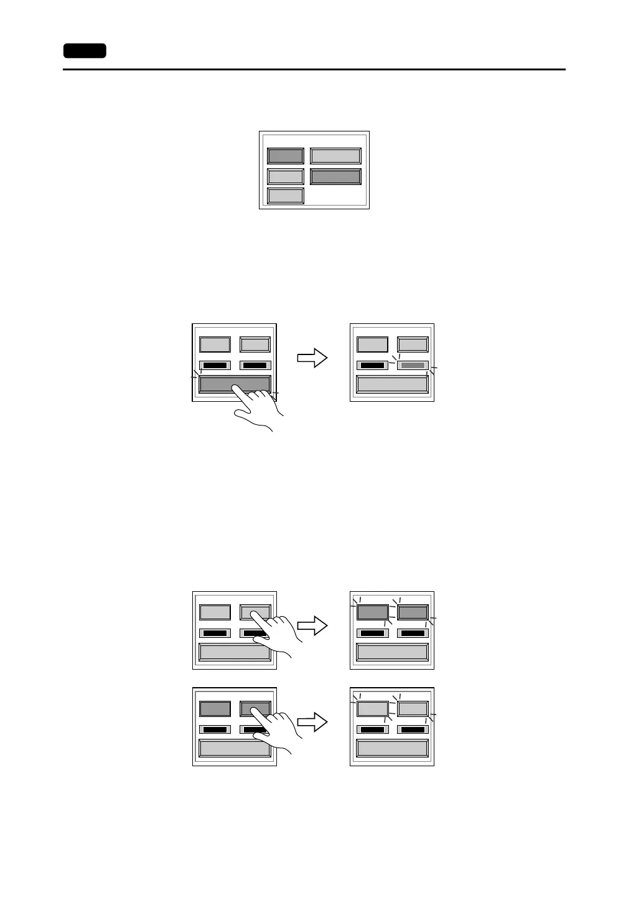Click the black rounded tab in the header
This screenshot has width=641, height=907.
coord(85,51)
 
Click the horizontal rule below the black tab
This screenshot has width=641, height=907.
coord(314,70)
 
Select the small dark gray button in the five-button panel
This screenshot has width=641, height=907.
coord(286,156)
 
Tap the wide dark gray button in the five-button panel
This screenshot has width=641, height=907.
coord(335,176)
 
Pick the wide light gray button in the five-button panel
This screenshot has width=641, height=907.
coord(335,156)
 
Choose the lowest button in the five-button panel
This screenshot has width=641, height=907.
coord(286,196)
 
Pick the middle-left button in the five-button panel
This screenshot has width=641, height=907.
coord(286,176)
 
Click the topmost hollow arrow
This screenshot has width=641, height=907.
coord(312,358)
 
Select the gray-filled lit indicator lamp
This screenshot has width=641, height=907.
coord(413,365)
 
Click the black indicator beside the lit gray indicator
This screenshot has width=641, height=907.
coord(372,365)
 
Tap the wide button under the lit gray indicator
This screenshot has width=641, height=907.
coord(392,384)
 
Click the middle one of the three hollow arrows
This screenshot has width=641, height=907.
coord(312,626)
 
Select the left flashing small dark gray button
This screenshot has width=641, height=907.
coord(372,612)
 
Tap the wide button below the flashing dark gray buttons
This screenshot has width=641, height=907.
coord(392,652)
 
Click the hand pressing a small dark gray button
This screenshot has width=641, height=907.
coord(280,729)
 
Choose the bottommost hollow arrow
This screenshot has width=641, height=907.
coord(312,722)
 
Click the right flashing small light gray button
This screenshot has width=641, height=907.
coord(413,708)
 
